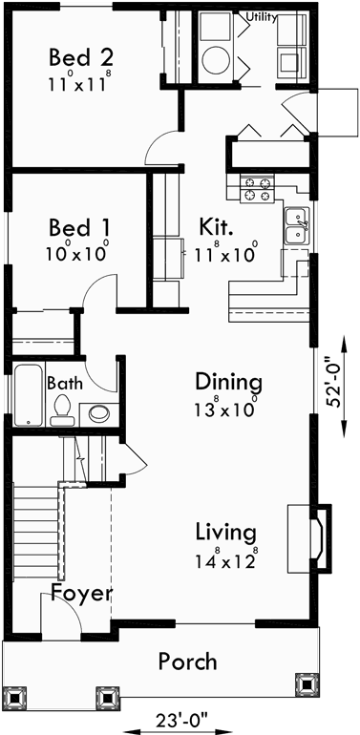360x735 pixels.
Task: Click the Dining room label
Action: tap(228, 383)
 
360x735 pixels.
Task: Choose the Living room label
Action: tap(225, 531)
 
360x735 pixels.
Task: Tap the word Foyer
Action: tap(82, 593)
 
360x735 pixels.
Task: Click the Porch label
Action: tap(187, 661)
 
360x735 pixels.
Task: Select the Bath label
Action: tap(64, 383)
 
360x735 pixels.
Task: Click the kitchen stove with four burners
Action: tap(256, 188)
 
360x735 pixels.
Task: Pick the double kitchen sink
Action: tap(296, 226)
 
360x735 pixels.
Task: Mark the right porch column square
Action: tap(306, 684)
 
